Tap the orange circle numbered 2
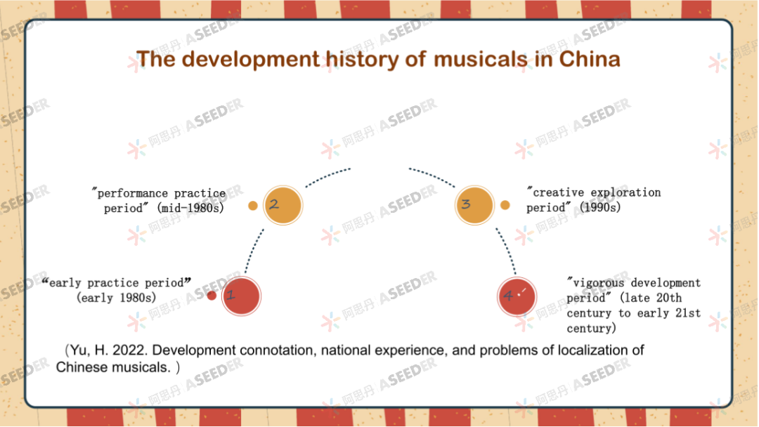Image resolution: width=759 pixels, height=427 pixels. click(x=282, y=206)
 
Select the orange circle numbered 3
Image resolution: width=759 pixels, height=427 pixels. click(x=474, y=205)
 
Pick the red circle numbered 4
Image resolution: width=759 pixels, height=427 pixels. click(x=517, y=296)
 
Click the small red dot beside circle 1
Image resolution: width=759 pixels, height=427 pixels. click(x=212, y=296)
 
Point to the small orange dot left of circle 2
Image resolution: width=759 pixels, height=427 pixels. click(x=253, y=206)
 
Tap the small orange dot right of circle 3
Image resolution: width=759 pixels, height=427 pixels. click(x=505, y=205)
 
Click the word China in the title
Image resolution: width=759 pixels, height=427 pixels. click(x=590, y=59)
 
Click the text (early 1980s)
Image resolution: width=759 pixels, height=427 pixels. click(x=117, y=298)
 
